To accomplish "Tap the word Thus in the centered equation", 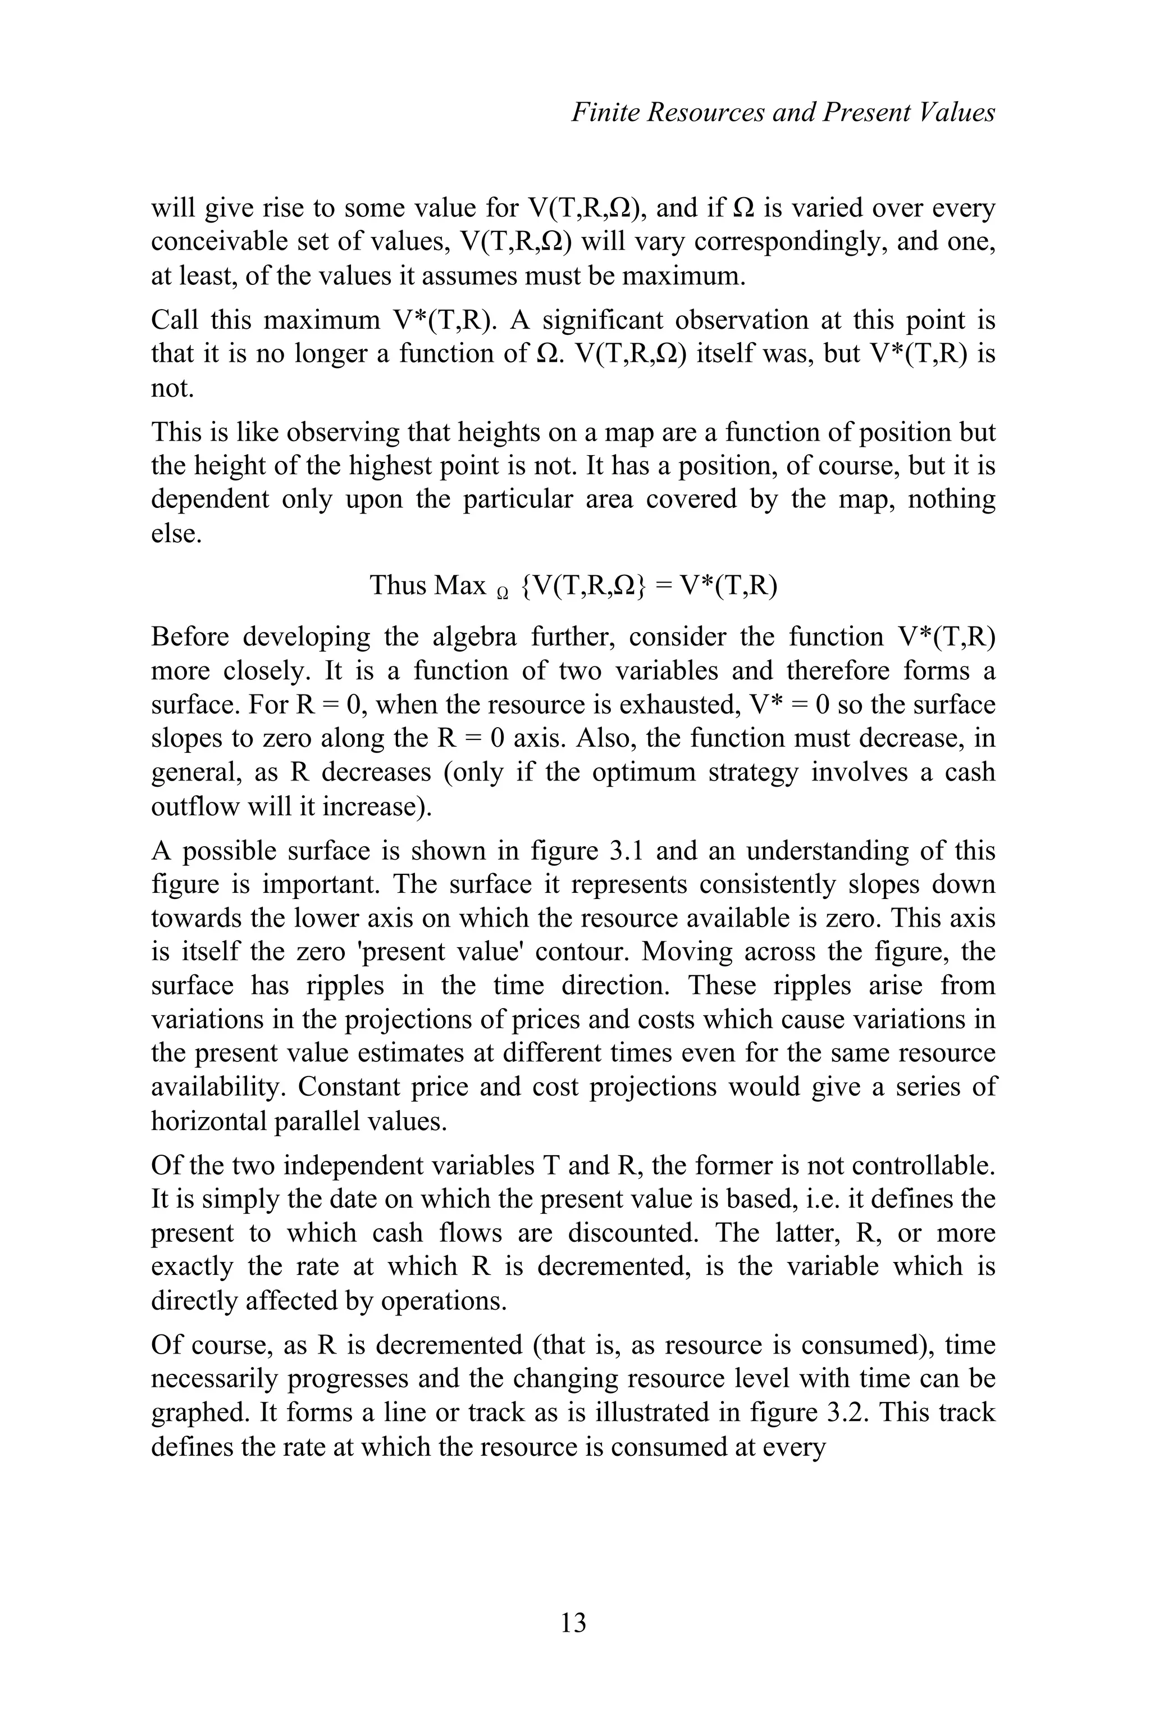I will [398, 585].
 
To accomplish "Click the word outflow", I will [186, 806].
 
